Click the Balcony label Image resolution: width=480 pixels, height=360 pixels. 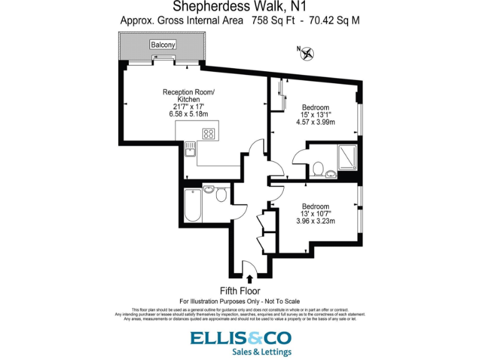click(x=162, y=44)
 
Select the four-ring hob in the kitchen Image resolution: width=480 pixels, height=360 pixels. click(x=209, y=133)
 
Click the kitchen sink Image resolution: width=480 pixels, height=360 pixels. click(x=190, y=149)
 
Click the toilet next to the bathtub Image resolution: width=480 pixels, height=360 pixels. click(x=221, y=195)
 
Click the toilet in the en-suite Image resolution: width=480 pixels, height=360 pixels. click(x=318, y=168)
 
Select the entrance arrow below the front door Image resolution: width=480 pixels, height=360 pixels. click(x=250, y=279)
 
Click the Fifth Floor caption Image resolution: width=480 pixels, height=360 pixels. click(x=240, y=291)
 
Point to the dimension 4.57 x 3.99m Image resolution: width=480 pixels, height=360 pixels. click(x=316, y=122)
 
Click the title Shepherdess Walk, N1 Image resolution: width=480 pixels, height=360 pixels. click(x=240, y=7)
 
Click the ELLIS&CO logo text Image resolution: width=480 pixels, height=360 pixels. click(x=241, y=338)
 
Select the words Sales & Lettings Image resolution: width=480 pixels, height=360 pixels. click(x=258, y=352)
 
